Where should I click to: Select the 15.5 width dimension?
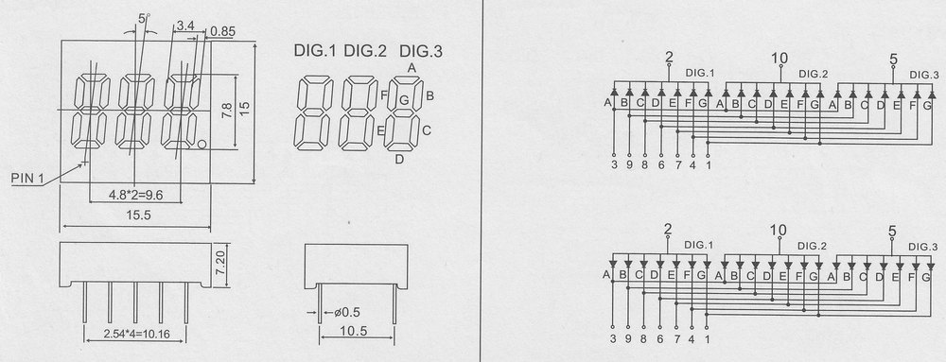coord(138,216)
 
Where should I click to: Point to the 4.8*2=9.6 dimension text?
coord(136,195)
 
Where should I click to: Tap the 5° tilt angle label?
coord(144,19)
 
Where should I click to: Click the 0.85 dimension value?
coord(222,31)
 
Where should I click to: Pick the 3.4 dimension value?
coord(185,26)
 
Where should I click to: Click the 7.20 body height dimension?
coord(222,263)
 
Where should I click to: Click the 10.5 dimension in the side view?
coord(356,331)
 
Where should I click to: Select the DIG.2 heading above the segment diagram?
coord(365,52)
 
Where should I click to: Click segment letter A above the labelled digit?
coord(412,67)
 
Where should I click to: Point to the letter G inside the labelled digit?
coord(404,99)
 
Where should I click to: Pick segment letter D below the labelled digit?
coord(399,159)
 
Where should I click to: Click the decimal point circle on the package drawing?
coord(202,145)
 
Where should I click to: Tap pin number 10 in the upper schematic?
coord(780,58)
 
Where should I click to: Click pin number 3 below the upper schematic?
coord(614,165)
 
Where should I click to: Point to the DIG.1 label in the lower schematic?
coord(699,245)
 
